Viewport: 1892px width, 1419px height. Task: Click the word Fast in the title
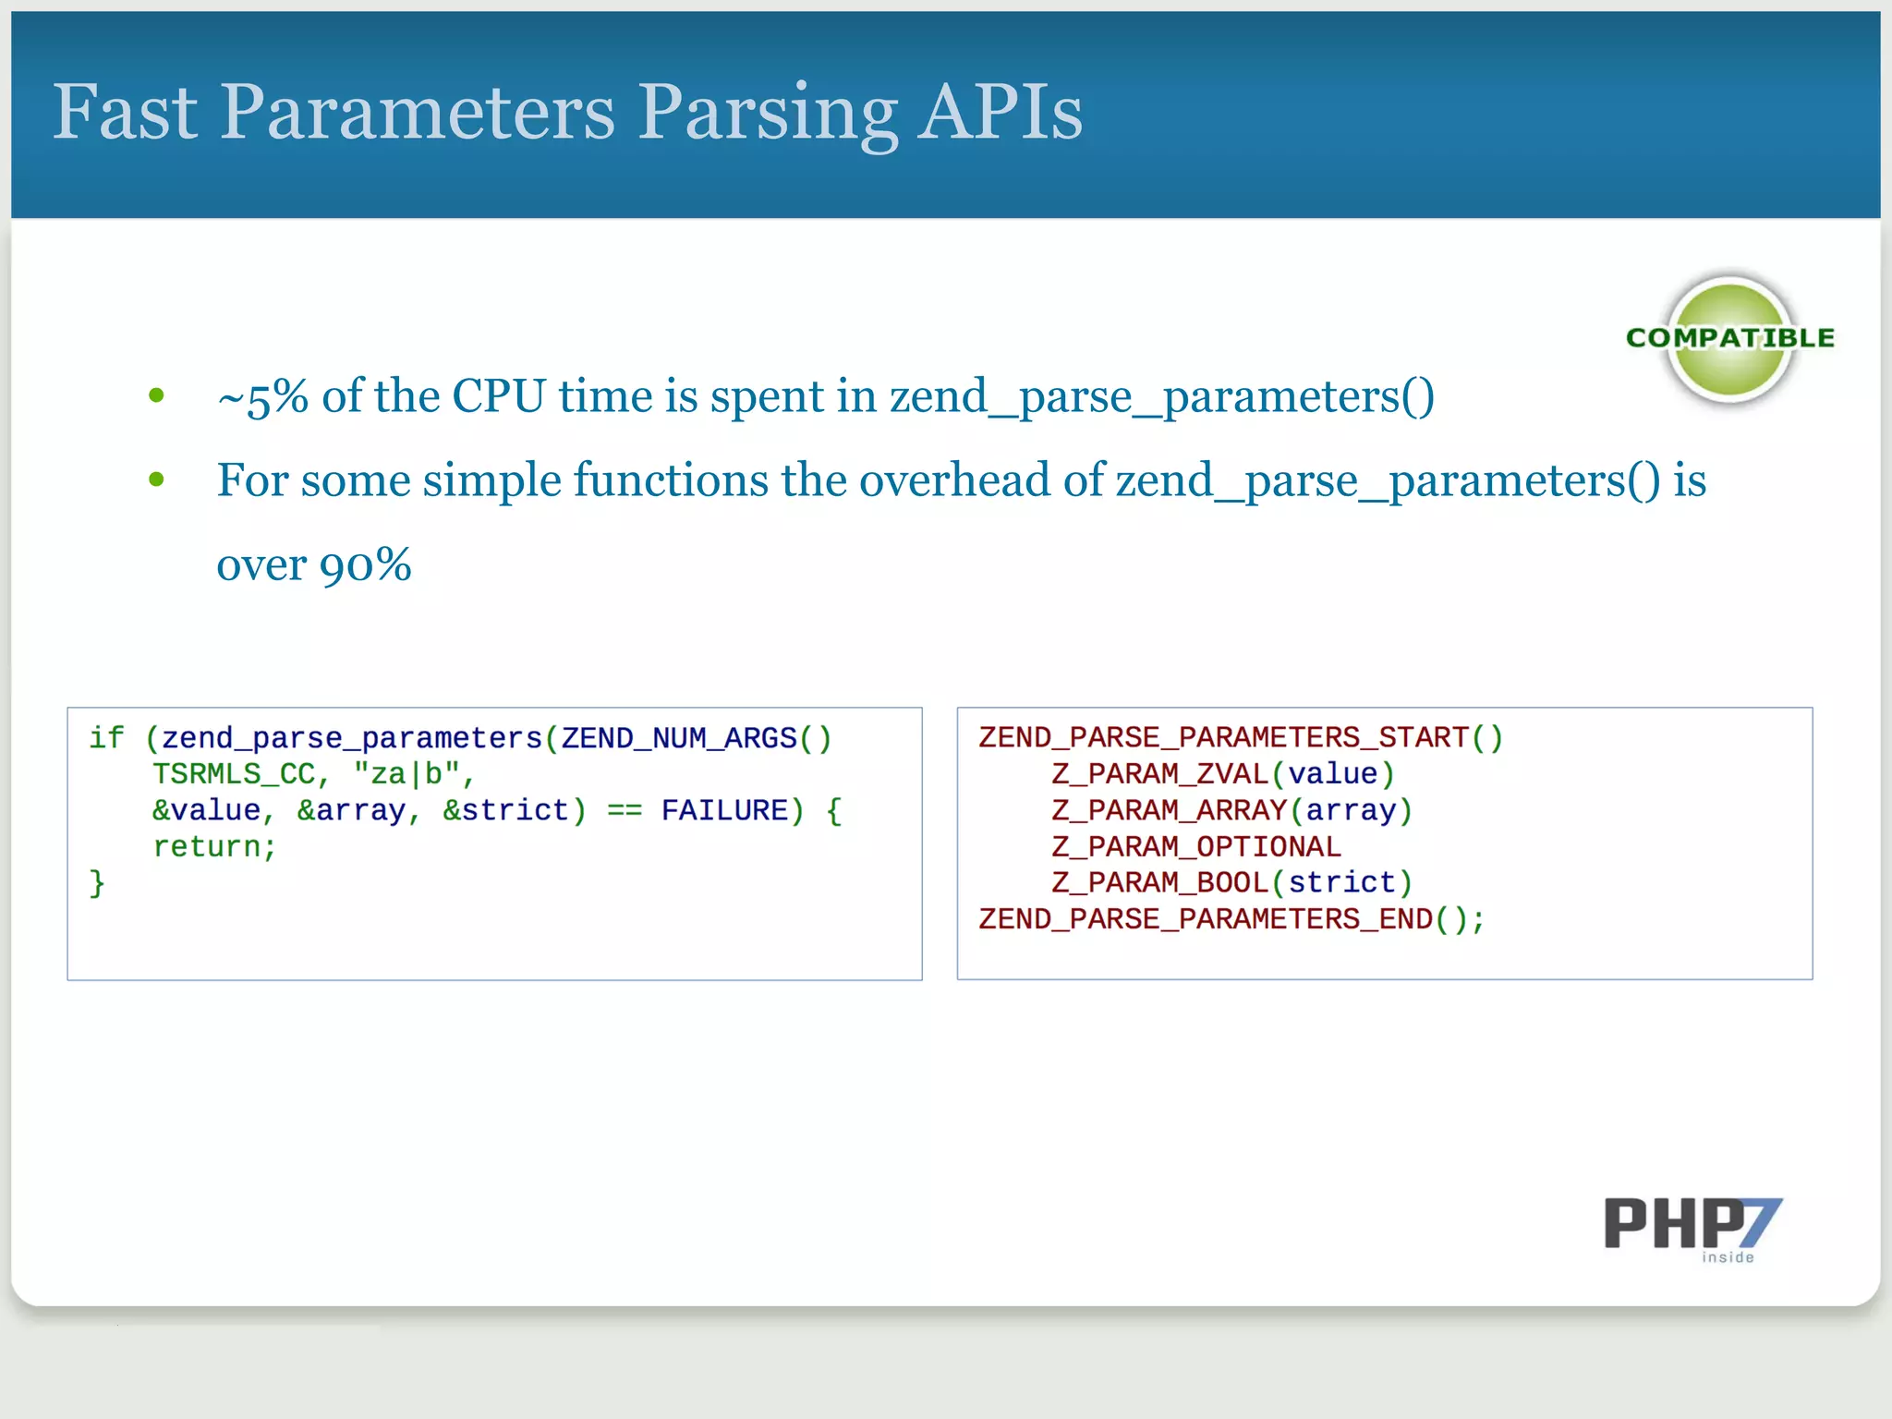tap(125, 113)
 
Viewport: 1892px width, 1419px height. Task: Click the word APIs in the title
tap(1000, 113)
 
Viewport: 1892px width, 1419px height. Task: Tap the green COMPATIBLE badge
tap(1730, 339)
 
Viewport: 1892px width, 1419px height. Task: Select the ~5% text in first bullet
tap(262, 397)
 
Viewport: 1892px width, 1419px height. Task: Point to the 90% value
tap(365, 565)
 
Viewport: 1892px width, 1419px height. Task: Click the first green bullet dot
tap(156, 396)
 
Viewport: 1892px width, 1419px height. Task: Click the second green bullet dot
tap(156, 479)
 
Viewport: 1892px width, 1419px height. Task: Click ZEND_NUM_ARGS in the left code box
tap(679, 738)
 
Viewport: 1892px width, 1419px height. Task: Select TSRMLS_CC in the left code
tap(234, 774)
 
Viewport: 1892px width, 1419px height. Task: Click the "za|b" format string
tap(406, 774)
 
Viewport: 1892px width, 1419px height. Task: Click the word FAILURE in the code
tap(724, 810)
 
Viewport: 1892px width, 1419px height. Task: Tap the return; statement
tap(214, 846)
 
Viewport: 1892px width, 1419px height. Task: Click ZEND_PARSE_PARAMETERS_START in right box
tap(1223, 737)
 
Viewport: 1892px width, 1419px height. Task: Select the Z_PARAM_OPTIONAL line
tap(1195, 846)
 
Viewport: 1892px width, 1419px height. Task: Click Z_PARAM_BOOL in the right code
tap(1159, 882)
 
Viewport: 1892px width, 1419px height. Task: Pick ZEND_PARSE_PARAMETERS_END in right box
tap(1206, 919)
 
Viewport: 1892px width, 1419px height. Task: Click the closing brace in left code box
tap(97, 883)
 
